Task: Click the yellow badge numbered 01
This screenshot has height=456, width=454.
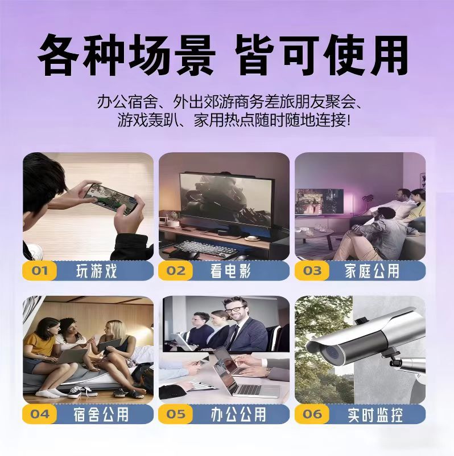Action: pos(39,271)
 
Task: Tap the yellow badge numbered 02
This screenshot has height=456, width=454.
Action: pos(175,271)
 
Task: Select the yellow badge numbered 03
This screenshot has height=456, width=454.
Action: pos(312,271)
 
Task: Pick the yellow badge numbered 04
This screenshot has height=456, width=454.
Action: pos(39,414)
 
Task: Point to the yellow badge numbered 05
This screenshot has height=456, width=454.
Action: pos(175,414)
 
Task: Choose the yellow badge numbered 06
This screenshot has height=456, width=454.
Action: pos(312,414)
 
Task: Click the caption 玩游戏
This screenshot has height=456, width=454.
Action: pos(97,271)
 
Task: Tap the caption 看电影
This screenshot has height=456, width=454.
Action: pos(230,271)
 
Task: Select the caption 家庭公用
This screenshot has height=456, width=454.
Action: pos(372,271)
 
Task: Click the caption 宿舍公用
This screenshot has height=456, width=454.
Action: pos(101,414)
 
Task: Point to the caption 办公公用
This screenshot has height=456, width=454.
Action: pos(238,414)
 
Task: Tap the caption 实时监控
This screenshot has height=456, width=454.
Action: pos(375,414)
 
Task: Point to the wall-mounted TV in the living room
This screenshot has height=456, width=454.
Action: pos(319,201)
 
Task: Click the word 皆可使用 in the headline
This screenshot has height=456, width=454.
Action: pos(321,55)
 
